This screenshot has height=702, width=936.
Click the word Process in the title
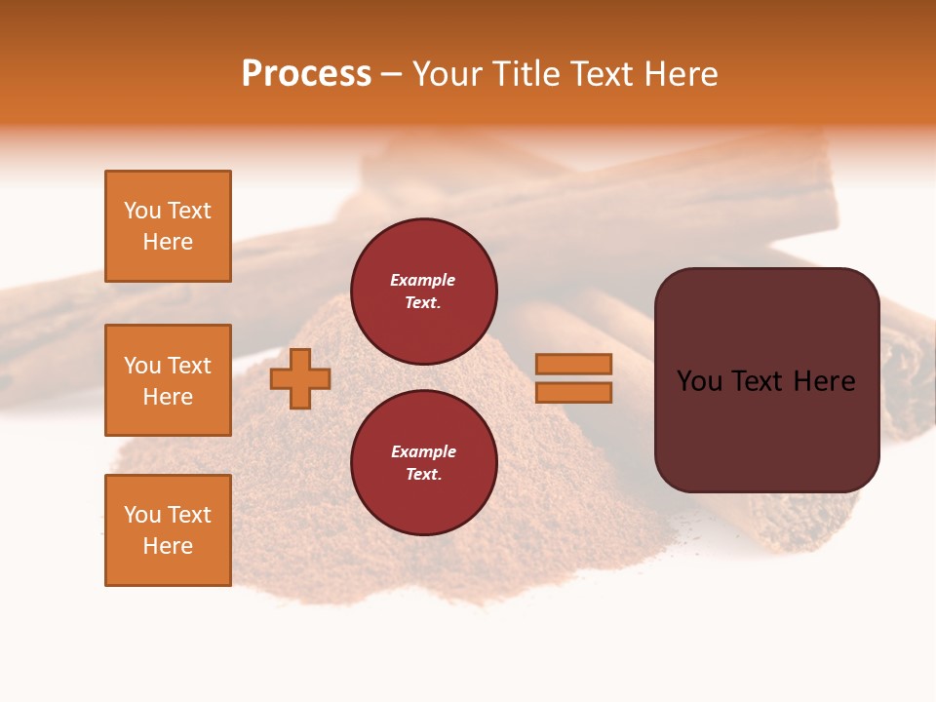coord(306,74)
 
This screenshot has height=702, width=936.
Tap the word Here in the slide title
coord(680,74)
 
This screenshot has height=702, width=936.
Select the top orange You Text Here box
coord(168,226)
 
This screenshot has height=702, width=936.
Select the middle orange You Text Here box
coord(168,380)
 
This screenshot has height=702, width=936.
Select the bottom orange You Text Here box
coord(168,530)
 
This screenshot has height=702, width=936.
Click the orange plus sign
coord(300,378)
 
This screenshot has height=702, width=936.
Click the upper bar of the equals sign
coord(574,364)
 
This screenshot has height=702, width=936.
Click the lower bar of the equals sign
coord(574,393)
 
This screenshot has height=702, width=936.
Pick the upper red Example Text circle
coord(424,292)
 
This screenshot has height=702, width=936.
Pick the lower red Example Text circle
coord(424,463)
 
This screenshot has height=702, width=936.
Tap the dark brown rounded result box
coord(766,379)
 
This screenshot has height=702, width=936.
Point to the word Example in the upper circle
coord(422,280)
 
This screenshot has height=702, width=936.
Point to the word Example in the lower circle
coord(422,451)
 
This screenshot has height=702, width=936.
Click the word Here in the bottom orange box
coord(168,546)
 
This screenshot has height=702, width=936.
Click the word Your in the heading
coord(446,74)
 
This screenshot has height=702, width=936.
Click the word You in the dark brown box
coord(699,381)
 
